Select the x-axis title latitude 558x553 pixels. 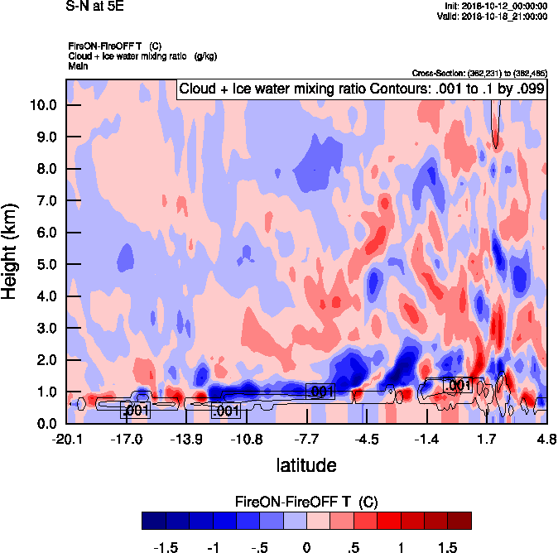[x=305, y=465]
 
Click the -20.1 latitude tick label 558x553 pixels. [x=67, y=439]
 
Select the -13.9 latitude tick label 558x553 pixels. [x=186, y=439]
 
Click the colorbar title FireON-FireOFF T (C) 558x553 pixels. [x=306, y=502]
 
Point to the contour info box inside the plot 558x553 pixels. [x=361, y=89]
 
